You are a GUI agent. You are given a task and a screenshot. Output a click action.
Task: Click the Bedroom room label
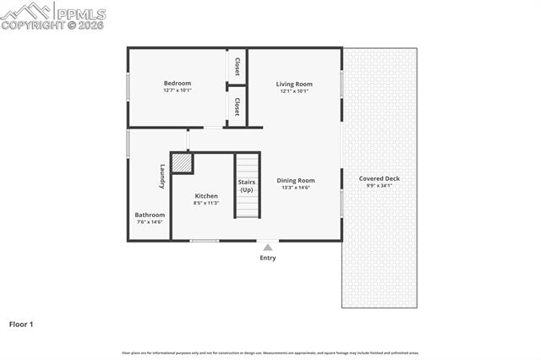178,83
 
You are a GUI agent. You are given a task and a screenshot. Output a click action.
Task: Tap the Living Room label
294,84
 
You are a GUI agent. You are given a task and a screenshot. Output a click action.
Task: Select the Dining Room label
296,180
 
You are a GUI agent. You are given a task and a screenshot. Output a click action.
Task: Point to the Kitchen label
206,195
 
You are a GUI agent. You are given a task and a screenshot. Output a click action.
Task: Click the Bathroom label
150,215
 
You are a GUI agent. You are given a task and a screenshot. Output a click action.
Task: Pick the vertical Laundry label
161,176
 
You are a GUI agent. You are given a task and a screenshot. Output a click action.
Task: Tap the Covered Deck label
379,178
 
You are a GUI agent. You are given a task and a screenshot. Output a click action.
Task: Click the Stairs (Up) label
246,186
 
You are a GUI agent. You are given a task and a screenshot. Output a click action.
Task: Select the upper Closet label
238,66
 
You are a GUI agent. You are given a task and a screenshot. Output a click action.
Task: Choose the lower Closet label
238,106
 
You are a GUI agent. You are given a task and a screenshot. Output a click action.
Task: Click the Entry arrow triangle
267,247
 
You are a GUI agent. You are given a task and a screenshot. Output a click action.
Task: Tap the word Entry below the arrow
267,258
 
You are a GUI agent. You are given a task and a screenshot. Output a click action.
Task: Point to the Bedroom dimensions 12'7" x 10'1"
178,90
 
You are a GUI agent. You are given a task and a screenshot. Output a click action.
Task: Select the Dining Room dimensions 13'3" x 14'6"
296,188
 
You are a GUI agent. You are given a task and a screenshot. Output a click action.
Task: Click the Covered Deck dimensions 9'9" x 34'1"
379,186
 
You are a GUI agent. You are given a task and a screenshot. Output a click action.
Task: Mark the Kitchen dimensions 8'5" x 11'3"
206,203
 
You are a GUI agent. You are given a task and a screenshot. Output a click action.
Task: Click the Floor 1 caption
21,324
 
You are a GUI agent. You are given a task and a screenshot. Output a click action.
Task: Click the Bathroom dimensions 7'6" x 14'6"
150,222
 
